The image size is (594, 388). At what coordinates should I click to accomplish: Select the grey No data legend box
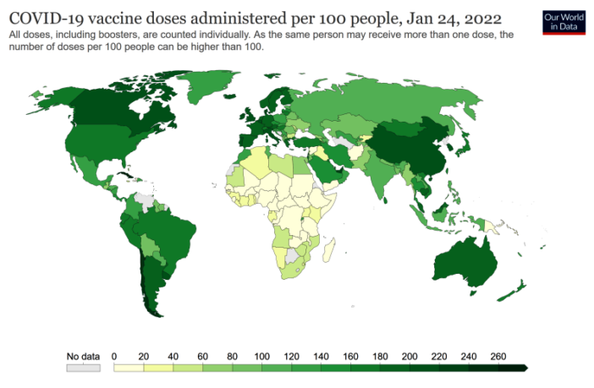coord(83,368)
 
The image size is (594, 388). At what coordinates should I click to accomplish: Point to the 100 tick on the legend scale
coord(261,356)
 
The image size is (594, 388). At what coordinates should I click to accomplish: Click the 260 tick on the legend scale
coord(498,356)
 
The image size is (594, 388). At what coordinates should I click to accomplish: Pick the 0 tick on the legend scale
coord(113,356)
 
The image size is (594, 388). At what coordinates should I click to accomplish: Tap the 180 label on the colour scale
coord(380,356)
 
